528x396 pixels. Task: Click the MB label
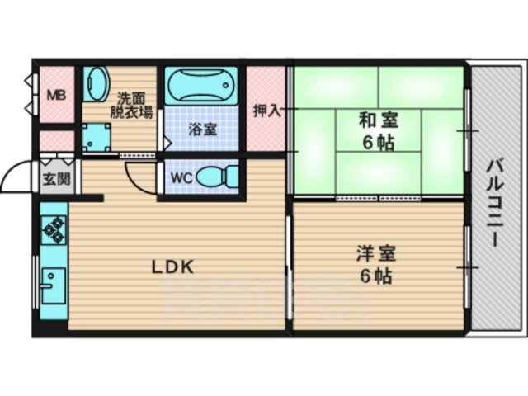pos(56,96)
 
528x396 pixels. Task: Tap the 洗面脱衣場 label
pos(131,106)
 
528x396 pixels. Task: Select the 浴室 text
pos(202,130)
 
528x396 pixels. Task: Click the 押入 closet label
pos(267,111)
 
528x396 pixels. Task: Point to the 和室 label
pos(379,120)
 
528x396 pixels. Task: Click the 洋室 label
pos(376,254)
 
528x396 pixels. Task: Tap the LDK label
pos(172,267)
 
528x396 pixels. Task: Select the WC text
pos(181,178)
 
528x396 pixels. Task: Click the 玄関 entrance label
pos(57,179)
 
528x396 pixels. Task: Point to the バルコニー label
pos(496,203)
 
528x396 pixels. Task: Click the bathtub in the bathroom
pos(201,85)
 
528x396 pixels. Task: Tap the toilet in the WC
pos(217,177)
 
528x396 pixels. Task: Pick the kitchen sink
pos(53,286)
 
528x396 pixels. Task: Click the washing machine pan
pos(97,138)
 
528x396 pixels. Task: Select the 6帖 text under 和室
pos(378,144)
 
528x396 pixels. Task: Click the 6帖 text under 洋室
pos(376,276)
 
